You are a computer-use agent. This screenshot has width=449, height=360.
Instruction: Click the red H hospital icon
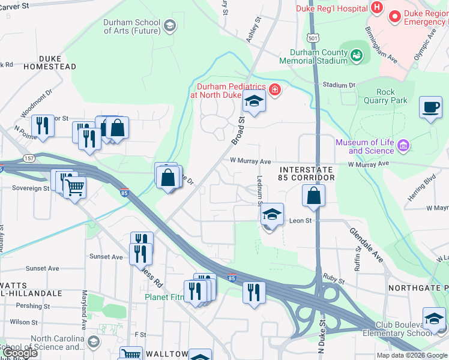pos(377,8)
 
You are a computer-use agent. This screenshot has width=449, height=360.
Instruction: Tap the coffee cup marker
pos(430,108)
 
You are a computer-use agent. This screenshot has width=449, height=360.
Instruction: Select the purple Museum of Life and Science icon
pos(403,146)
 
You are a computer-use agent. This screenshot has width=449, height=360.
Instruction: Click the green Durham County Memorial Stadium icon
pos(357,56)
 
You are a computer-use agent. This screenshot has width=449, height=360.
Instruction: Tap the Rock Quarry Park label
pos(385,96)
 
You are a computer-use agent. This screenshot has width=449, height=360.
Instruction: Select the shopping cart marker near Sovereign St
pos(74,187)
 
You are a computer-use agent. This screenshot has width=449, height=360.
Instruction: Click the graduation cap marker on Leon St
pos(272,215)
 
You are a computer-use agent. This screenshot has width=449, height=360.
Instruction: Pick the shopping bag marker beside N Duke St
pos(313,196)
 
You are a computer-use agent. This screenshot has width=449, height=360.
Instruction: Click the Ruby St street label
pos(334,280)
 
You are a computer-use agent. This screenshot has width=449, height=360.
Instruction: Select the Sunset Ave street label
pos(106,257)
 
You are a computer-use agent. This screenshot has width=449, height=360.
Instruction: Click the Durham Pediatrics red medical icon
pos(275,91)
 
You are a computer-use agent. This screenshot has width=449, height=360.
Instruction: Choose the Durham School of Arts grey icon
pos(170,25)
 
